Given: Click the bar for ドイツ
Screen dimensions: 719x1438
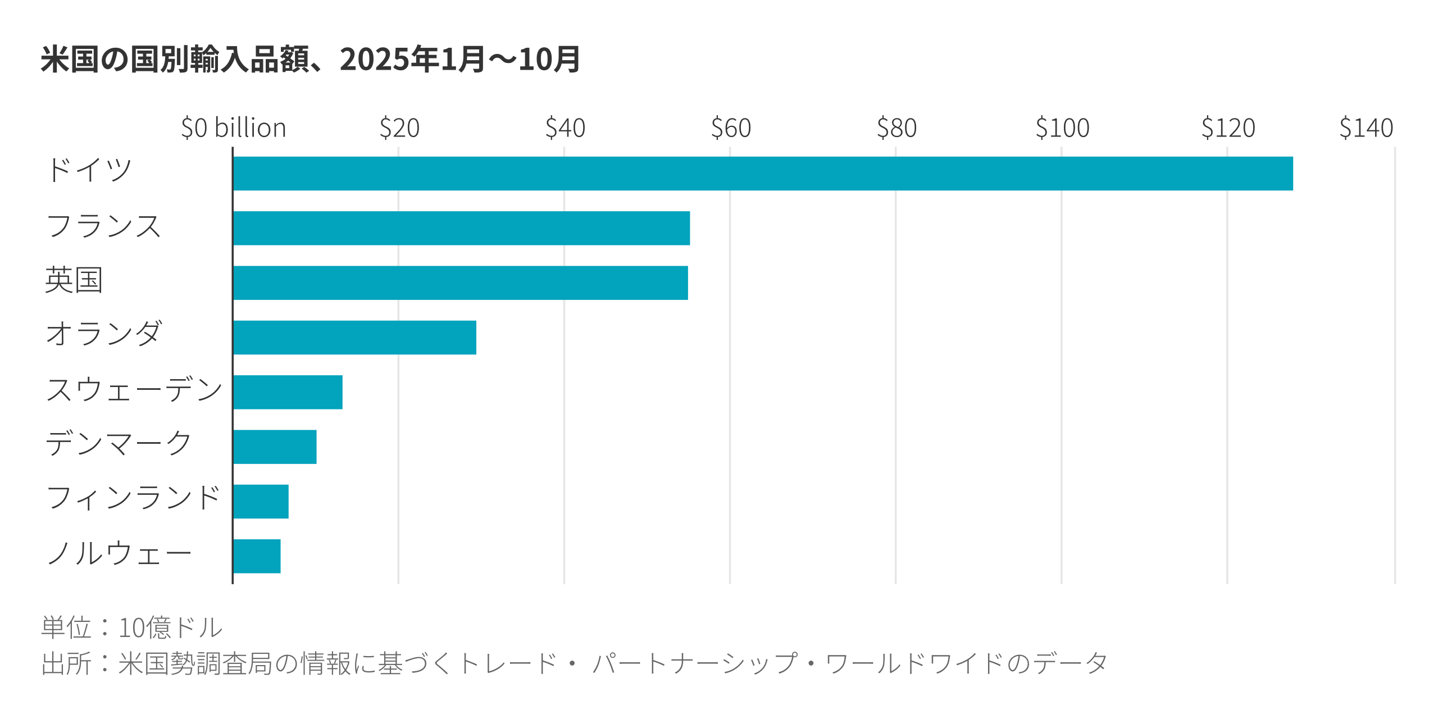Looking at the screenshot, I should (763, 174).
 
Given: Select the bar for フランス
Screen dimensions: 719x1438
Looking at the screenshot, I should (461, 228).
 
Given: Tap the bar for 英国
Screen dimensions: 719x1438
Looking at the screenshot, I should (460, 283).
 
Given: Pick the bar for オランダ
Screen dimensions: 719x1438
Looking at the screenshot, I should (354, 338).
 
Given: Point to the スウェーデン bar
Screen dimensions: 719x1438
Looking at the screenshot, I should (288, 392).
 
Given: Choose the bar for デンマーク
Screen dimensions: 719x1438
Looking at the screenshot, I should (275, 447).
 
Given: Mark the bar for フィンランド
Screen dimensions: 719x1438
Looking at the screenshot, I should (261, 502).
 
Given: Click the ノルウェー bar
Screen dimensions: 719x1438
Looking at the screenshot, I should (257, 556).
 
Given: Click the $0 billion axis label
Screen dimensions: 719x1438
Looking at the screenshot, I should (234, 128).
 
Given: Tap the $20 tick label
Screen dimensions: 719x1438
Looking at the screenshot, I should (399, 128).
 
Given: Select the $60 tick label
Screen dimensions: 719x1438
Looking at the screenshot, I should (731, 128).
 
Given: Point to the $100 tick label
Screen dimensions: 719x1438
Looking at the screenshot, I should (1062, 128).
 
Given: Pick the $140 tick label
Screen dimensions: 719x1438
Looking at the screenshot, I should (1366, 128).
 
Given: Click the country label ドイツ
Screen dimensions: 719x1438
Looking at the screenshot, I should (89, 170).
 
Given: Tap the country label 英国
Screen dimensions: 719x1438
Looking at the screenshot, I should (74, 280).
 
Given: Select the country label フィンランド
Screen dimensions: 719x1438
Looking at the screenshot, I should (133, 498).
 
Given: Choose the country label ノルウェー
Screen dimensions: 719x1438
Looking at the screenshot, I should (119, 553).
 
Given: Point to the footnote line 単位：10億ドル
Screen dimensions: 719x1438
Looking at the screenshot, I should (132, 627).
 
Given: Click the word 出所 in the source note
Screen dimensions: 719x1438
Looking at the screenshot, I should (66, 663).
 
